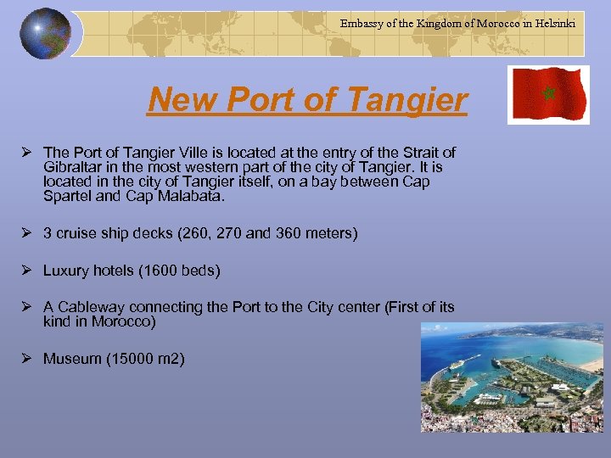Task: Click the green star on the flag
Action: point(548,91)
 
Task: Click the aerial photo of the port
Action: point(511,378)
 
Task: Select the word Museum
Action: point(72,359)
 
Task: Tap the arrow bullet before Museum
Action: point(28,359)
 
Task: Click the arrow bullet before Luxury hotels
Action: point(28,271)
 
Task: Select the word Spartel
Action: point(68,197)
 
